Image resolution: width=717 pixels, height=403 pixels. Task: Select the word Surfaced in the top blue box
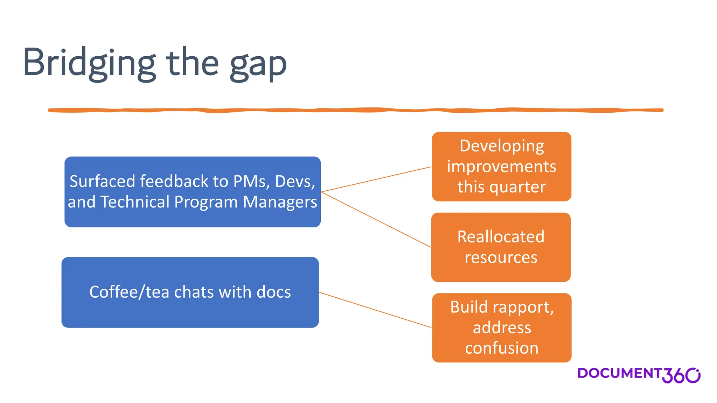(102, 182)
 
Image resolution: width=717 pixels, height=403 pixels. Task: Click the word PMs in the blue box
(251, 182)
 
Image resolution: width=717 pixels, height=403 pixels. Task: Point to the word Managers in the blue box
(280, 202)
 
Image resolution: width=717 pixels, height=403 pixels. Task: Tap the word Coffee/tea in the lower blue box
(129, 292)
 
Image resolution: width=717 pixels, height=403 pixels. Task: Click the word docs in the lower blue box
(273, 292)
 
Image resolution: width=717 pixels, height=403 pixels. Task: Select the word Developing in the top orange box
(502, 146)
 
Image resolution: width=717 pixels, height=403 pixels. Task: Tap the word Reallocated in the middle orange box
(501, 237)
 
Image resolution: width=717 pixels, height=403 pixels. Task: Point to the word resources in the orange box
(501, 257)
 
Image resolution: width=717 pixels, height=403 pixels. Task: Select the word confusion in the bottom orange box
(502, 348)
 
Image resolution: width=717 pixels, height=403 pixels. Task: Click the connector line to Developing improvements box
(376, 179)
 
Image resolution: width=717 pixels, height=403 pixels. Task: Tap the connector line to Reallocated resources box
(376, 220)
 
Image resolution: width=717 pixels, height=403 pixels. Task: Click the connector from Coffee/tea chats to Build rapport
(375, 310)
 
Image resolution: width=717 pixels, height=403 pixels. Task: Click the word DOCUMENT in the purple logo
(619, 373)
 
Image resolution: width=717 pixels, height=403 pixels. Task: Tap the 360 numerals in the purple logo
(681, 375)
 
